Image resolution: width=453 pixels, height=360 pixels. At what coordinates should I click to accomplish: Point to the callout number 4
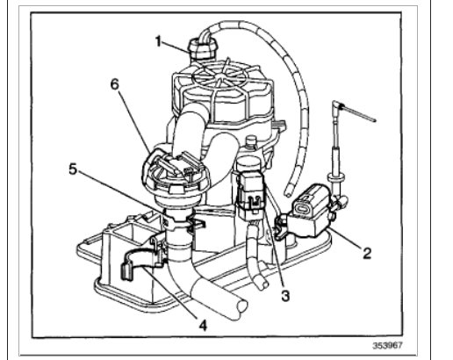[204, 323]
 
